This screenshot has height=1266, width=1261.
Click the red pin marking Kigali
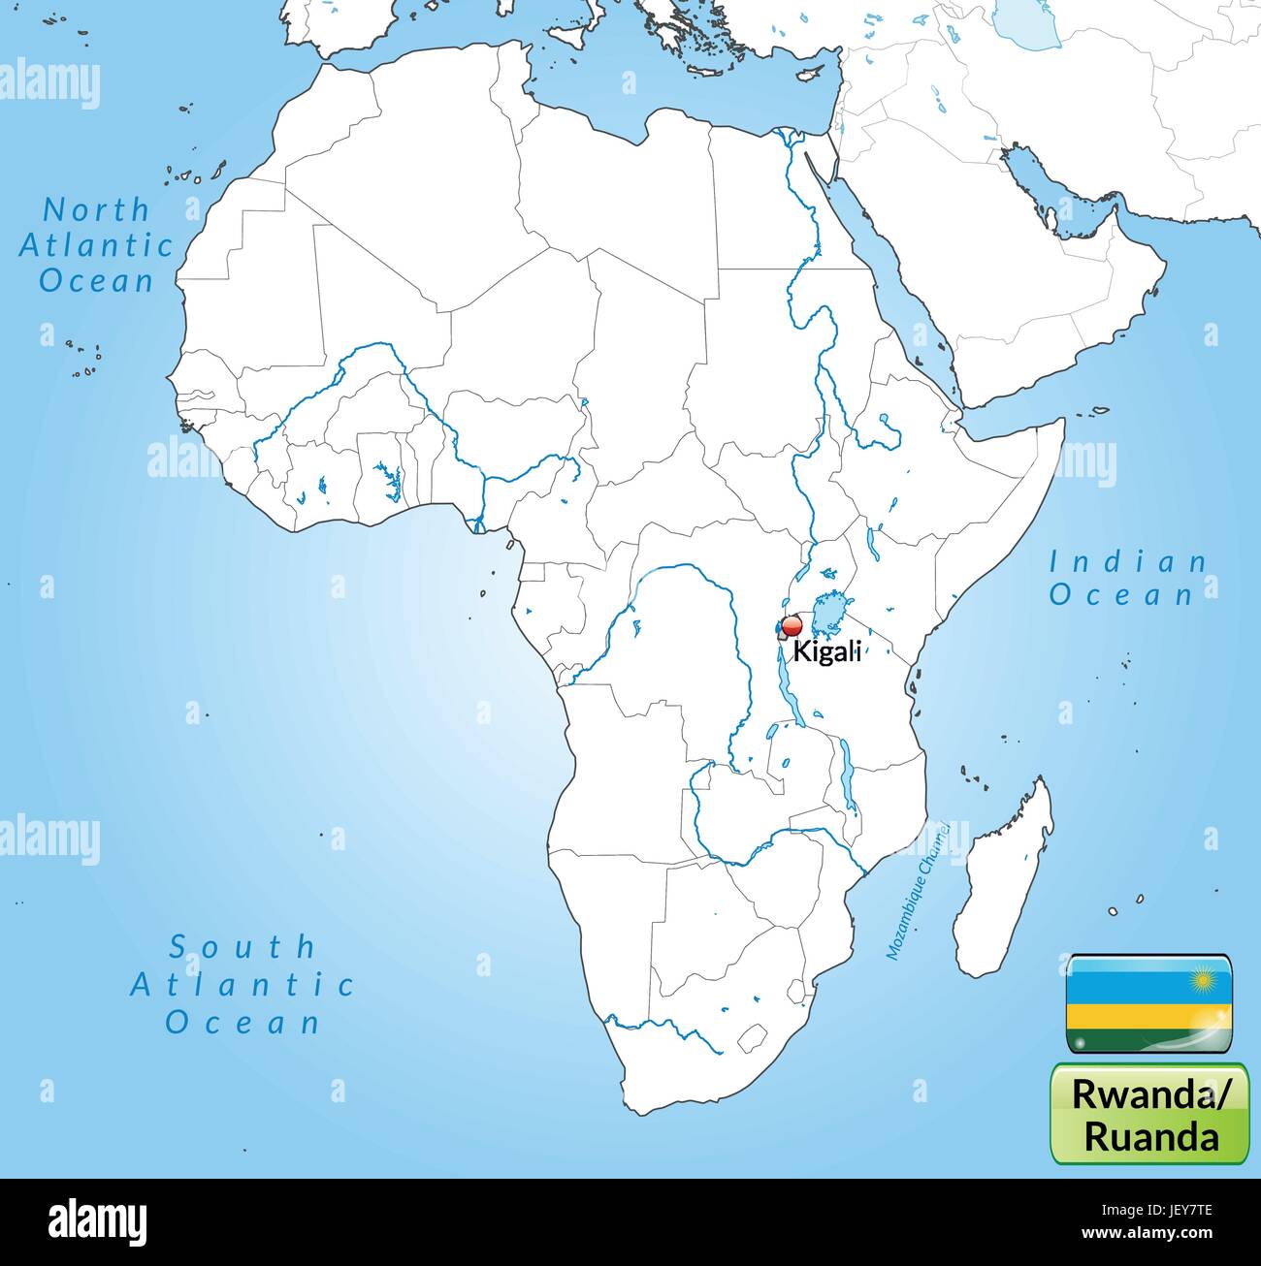coord(792,625)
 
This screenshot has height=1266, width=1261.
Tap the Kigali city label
coord(827,651)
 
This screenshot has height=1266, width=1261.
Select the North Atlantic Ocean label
coord(96,244)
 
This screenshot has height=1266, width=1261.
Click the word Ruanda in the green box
coord(1151,1135)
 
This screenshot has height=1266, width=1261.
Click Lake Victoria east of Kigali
coord(827,611)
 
